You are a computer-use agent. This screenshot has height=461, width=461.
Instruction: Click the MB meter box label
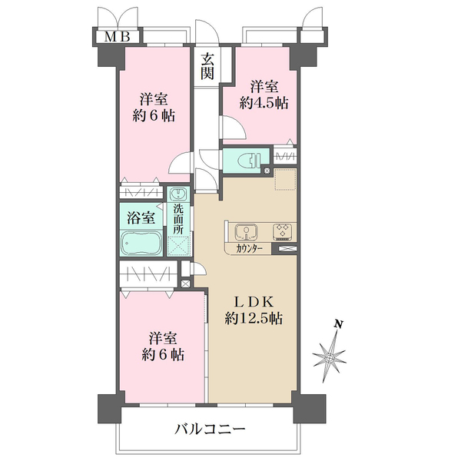pyautogui.click(x=118, y=37)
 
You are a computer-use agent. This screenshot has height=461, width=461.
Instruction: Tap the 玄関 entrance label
pyautogui.click(x=207, y=67)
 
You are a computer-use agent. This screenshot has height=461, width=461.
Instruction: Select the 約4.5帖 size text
pyautogui.click(x=264, y=103)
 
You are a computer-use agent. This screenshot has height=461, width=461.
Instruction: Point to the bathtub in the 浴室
pyautogui.click(x=141, y=244)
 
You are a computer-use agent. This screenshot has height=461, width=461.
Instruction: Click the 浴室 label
pyautogui.click(x=141, y=218)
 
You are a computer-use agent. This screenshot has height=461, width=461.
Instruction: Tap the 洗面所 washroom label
pyautogui.click(x=178, y=219)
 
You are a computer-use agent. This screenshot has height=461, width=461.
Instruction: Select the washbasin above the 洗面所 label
pyautogui.click(x=178, y=194)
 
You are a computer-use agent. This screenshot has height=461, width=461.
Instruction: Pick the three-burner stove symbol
pyautogui.click(x=283, y=230)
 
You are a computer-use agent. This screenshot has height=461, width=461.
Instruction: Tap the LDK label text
pyautogui.click(x=254, y=302)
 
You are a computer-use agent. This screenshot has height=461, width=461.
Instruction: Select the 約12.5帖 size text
pyautogui.click(x=254, y=318)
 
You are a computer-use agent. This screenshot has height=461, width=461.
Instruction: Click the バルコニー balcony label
pyautogui.click(x=210, y=429)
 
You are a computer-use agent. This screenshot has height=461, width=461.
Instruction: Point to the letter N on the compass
pyautogui.click(x=339, y=324)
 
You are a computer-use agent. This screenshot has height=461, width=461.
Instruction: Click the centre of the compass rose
pyautogui.click(x=330, y=358)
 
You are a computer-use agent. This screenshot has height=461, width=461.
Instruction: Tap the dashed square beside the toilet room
pyautogui.click(x=285, y=179)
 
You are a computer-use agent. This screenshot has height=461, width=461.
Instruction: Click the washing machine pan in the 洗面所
pyautogui.click(x=178, y=246)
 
